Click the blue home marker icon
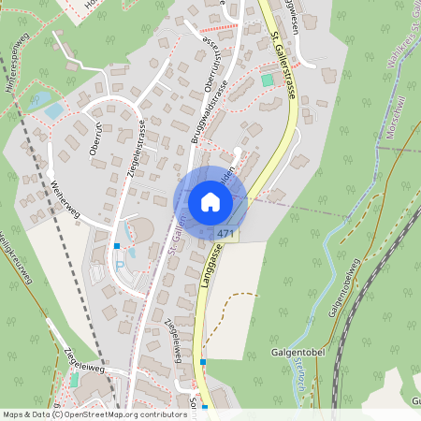click(x=210, y=202)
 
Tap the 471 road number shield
click(x=225, y=233)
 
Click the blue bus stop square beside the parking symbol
click(x=117, y=245)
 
